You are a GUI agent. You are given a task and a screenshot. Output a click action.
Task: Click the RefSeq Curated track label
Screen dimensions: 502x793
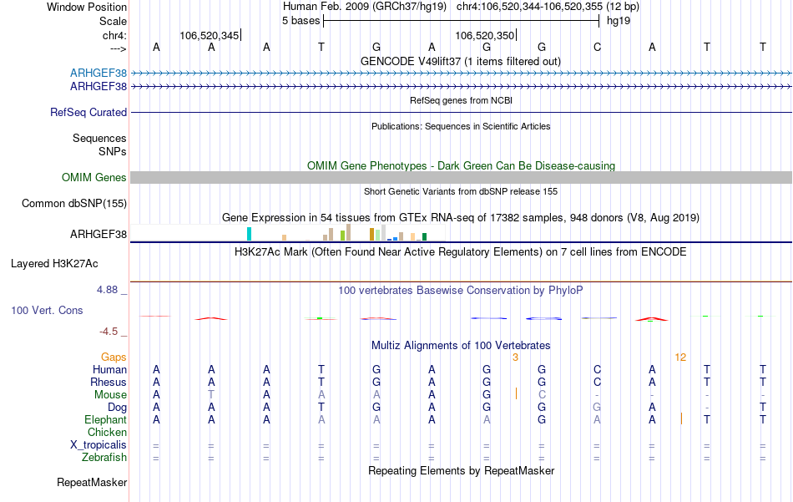click(x=88, y=112)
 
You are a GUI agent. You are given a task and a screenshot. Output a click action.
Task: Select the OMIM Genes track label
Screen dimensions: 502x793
click(x=93, y=177)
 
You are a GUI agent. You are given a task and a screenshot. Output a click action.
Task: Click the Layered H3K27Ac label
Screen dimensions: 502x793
click(x=54, y=263)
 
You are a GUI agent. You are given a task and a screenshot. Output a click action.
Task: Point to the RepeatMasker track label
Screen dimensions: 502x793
click(x=92, y=482)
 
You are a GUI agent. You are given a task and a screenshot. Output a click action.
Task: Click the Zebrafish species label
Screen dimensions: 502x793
click(x=104, y=457)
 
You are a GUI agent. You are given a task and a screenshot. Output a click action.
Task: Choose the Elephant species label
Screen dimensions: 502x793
click(x=105, y=419)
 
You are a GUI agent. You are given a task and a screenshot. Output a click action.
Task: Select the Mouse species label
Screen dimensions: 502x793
click(x=110, y=394)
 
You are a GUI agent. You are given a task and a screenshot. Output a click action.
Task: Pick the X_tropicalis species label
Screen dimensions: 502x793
click(x=98, y=444)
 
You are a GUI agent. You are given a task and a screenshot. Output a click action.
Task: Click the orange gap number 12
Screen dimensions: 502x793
click(x=680, y=357)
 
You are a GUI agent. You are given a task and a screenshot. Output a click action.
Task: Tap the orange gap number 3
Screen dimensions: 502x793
click(x=516, y=357)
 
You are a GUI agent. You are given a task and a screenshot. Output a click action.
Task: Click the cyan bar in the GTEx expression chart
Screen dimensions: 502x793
click(x=249, y=234)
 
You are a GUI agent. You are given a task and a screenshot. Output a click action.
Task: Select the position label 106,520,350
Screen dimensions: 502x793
click(x=484, y=35)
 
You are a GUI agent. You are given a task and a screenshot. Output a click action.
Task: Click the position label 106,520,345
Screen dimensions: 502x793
click(x=209, y=35)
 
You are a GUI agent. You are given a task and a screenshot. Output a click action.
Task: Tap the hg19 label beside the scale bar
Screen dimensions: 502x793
click(x=619, y=20)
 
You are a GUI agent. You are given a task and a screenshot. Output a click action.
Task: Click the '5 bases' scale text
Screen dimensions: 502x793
click(x=301, y=20)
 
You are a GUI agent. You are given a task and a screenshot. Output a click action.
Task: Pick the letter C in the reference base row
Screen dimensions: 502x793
click(x=597, y=47)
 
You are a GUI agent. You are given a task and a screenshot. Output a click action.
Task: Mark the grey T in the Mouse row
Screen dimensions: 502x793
click(x=211, y=394)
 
